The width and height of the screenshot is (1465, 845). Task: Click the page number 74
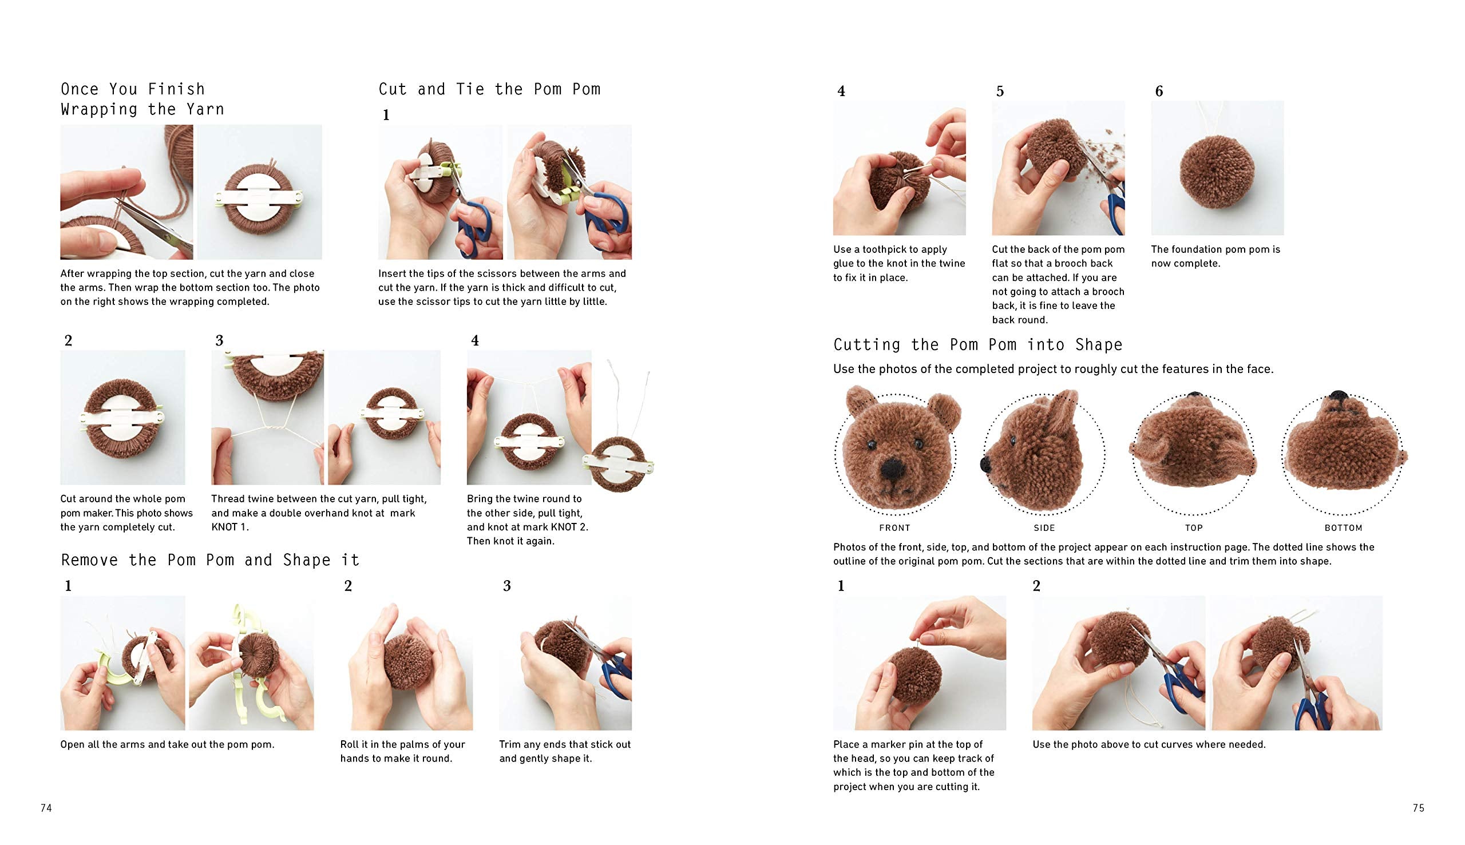tap(46, 808)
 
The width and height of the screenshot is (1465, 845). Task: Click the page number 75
tap(1418, 808)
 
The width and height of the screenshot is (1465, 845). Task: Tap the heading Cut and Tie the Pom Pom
tap(489, 89)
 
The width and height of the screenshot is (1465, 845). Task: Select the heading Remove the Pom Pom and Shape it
tap(210, 560)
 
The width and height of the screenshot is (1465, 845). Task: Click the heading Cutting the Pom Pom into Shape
tap(977, 345)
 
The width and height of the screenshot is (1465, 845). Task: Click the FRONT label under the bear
tap(894, 527)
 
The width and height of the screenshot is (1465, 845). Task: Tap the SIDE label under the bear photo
tap(1044, 527)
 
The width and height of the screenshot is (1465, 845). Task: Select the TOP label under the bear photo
tap(1194, 527)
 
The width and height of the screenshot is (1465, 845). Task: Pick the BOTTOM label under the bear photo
tap(1343, 527)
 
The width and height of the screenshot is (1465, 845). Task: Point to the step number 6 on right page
tap(1158, 91)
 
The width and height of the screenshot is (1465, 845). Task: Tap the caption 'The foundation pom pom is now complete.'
tap(1215, 256)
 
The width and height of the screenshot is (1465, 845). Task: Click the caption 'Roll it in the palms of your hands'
tap(402, 751)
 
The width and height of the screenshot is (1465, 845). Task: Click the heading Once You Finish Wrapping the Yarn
tap(141, 99)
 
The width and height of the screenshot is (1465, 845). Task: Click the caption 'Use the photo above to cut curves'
tap(1149, 744)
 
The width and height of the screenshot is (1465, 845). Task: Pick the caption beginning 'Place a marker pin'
tap(913, 765)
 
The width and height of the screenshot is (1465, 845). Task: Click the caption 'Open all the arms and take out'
tap(167, 744)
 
